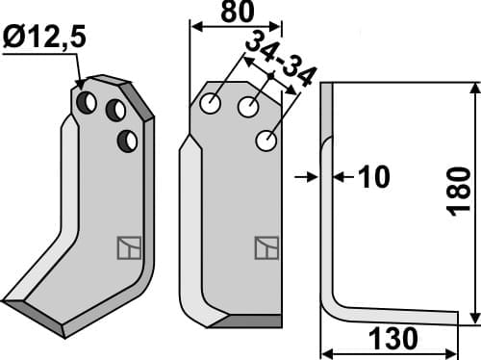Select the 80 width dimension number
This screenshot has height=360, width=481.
pyautogui.click(x=234, y=13)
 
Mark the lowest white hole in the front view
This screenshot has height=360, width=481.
pyautogui.click(x=266, y=142)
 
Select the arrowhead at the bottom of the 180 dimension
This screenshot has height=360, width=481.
pyautogui.click(x=474, y=320)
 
